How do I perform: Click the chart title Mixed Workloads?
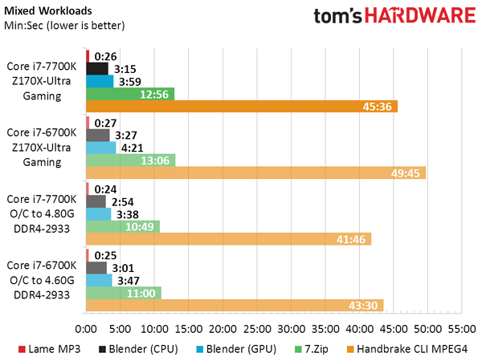48,11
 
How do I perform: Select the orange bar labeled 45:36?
242,107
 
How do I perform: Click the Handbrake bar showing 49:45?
255,172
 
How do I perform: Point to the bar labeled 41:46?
228,239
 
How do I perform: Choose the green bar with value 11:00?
124,293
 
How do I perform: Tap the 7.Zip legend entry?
309,349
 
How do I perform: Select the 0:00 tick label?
86,329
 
